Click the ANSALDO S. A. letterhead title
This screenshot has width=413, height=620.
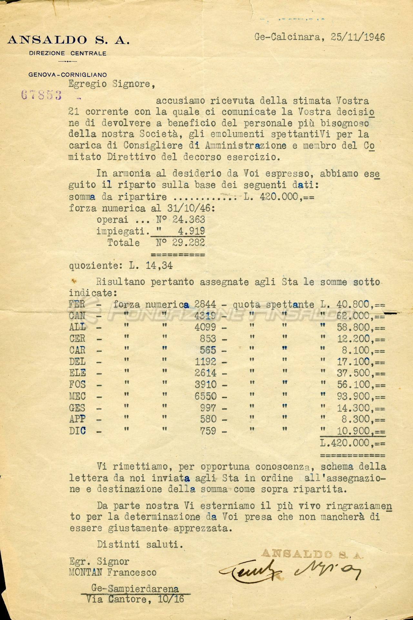pos(68,40)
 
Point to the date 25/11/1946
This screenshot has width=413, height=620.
pos(358,37)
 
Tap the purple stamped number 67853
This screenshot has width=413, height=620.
pos(41,95)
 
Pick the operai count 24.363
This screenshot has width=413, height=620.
pos(188,220)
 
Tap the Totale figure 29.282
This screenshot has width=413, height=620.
pos(188,243)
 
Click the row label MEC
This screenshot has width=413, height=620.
pos(77,396)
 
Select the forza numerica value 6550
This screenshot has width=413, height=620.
pos(206,396)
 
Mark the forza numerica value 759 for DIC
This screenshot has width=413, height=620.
pos(208,431)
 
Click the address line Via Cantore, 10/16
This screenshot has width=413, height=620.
pos(135,599)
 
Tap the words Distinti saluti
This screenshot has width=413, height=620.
pos(140,545)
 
